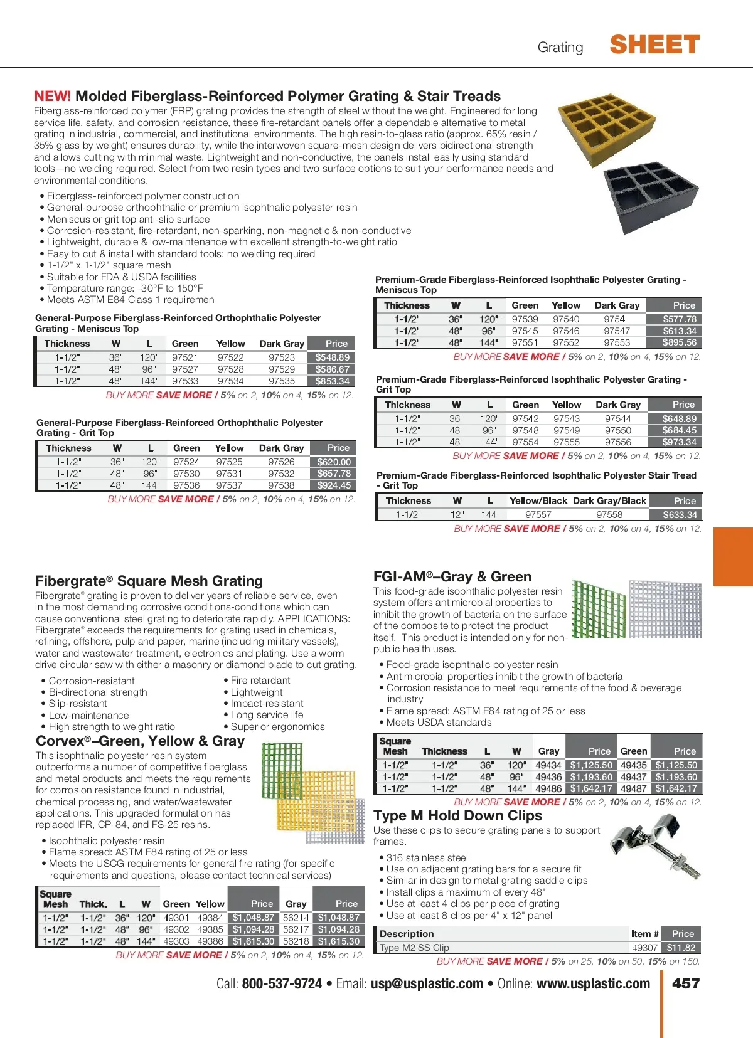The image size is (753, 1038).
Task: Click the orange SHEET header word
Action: [x=654, y=45]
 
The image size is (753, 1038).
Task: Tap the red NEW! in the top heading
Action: [x=52, y=96]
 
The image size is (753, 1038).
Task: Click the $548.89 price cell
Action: [x=332, y=357]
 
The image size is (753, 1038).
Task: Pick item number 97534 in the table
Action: [x=230, y=381]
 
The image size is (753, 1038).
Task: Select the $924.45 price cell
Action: [x=334, y=485]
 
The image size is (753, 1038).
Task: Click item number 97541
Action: [x=616, y=319]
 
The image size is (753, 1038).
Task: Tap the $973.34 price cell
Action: [x=679, y=442]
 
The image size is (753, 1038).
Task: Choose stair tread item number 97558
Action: [x=609, y=515]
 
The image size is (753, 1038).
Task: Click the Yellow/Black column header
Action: [x=538, y=501]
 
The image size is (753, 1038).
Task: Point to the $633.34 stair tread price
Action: [x=680, y=515]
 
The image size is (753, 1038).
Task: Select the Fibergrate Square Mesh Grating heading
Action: [x=149, y=581]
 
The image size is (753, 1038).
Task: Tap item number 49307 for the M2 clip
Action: [x=644, y=948]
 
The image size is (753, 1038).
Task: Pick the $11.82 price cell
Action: [x=681, y=948]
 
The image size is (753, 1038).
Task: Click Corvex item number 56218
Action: [x=296, y=941]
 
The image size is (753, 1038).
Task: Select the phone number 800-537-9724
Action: [x=282, y=983]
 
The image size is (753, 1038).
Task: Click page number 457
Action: [x=685, y=983]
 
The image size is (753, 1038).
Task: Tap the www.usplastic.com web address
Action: [x=593, y=983]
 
